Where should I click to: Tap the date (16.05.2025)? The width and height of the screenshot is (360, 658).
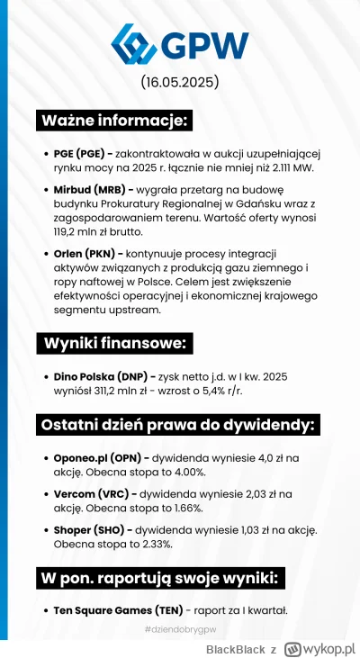click(180, 84)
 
